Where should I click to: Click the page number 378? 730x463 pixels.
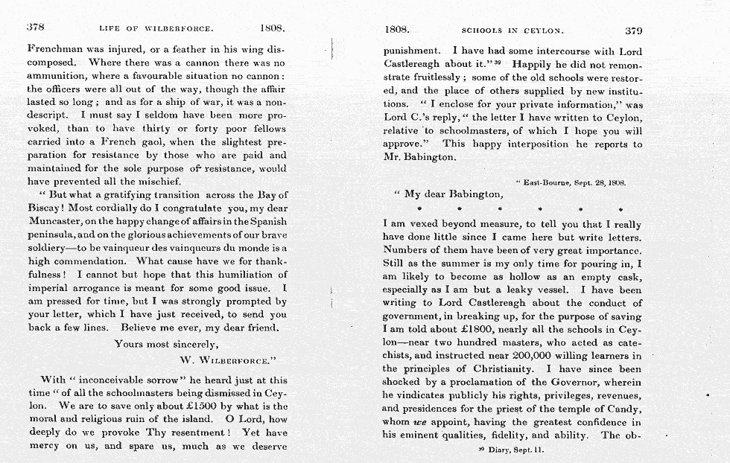(x=36, y=29)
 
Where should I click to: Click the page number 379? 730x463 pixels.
(x=633, y=31)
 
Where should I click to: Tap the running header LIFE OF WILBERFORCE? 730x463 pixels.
(x=156, y=30)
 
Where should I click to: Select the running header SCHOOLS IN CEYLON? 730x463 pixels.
(x=512, y=31)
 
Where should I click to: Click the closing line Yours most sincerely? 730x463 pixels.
(x=165, y=344)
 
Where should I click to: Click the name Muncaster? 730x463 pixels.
(x=60, y=221)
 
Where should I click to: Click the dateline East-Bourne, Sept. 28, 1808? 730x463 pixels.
(x=570, y=182)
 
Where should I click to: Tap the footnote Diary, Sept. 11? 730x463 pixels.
(x=516, y=450)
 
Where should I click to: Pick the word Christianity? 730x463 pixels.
(x=498, y=369)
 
